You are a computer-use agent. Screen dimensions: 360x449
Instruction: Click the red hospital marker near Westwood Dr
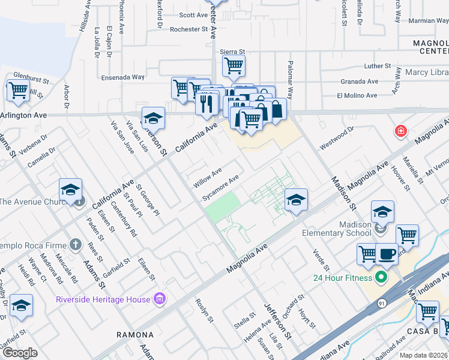(400, 131)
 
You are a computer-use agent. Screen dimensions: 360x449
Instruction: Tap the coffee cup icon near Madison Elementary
(387, 253)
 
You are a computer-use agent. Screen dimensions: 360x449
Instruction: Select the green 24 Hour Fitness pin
(380, 278)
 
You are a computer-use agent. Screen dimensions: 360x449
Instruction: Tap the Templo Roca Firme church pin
(74, 244)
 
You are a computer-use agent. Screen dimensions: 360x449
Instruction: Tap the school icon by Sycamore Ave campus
(296, 200)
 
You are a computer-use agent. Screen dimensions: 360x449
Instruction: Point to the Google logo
(19, 353)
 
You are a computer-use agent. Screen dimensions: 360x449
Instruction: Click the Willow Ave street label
(208, 178)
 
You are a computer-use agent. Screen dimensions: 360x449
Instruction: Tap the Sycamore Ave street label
(221, 187)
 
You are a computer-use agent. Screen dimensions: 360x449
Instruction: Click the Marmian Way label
(429, 20)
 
